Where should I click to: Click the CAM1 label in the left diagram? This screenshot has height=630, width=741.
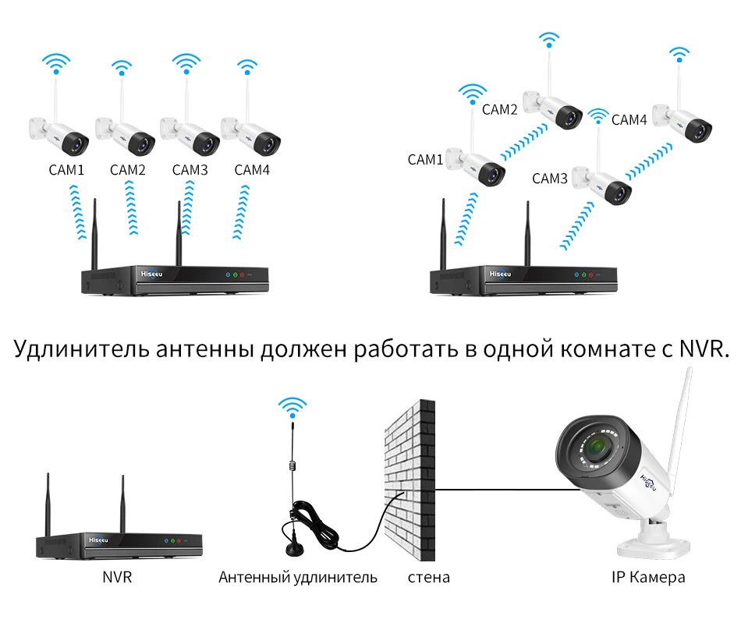[x=66, y=169]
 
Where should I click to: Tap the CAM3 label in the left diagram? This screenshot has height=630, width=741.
[x=190, y=169]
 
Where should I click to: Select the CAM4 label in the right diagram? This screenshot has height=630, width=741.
[x=629, y=120]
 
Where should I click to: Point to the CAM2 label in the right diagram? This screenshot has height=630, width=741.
[x=500, y=110]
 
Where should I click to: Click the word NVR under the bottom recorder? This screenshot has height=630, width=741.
[x=117, y=578]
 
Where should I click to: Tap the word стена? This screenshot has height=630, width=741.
[x=428, y=578]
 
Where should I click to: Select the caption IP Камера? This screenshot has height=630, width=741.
[x=648, y=578]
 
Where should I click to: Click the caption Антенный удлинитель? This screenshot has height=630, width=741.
[x=298, y=578]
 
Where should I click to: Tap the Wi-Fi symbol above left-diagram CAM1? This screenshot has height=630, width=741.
[x=55, y=62]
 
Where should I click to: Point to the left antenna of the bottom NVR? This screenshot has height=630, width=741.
[x=48, y=504]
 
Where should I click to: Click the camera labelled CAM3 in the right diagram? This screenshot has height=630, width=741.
[x=601, y=182]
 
